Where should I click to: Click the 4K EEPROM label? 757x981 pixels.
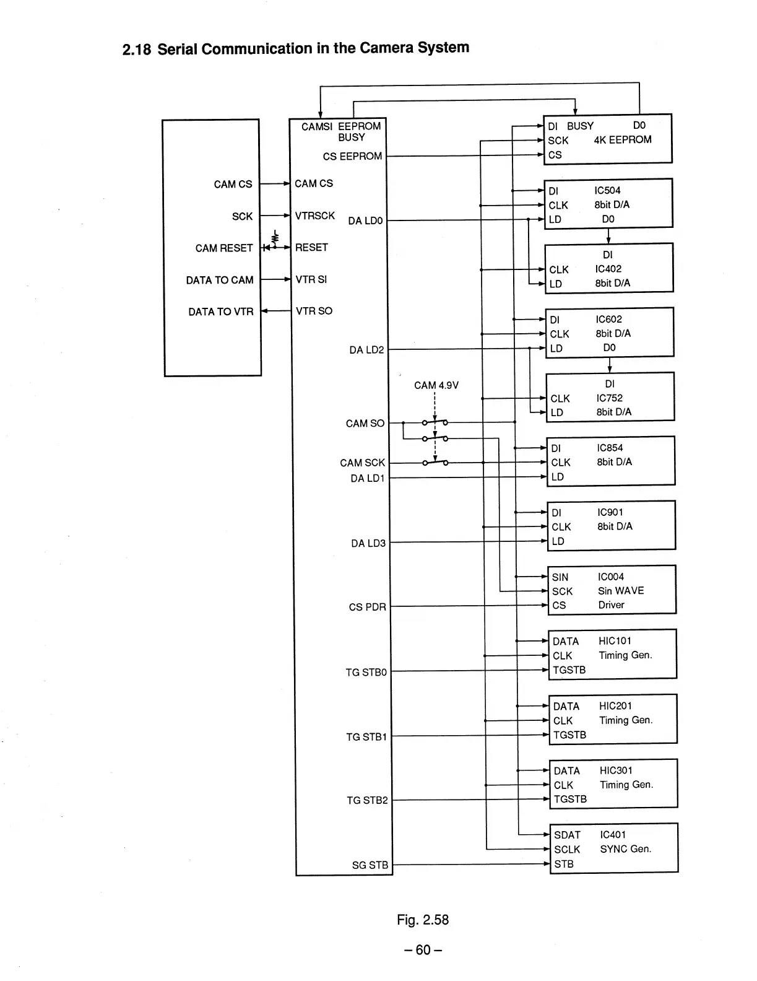coord(622,140)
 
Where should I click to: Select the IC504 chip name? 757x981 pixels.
coord(607,190)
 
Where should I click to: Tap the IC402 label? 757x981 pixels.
coord(608,269)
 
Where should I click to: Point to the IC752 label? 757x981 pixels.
coord(609,398)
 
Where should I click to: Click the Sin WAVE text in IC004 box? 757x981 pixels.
coord(621,591)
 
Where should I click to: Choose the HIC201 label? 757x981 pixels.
coord(615,706)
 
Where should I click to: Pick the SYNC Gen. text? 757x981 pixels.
coord(625,849)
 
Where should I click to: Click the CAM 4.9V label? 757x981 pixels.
coord(436,385)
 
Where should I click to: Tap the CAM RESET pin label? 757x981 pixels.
coord(224,248)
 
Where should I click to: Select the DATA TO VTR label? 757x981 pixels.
coord(221,312)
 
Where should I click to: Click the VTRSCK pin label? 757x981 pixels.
coord(315,216)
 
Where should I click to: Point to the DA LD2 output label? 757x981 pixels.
coord(366,350)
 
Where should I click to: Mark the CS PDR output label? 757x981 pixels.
coord(367,607)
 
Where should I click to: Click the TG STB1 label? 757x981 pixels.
coord(366,737)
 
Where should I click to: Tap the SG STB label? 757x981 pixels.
coord(370,865)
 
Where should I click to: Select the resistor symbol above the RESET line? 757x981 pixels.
coord(275,237)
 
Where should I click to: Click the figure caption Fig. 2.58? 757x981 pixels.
coord(423,920)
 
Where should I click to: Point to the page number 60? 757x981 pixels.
coord(423,950)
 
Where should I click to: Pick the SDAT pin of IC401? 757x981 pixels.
coord(567,835)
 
